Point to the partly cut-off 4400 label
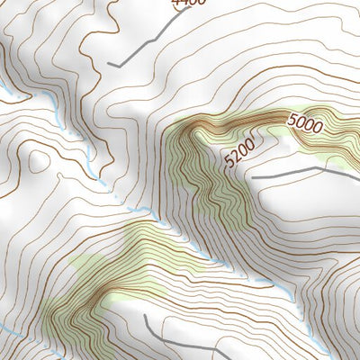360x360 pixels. [188, 3]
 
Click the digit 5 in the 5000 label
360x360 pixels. [292, 118]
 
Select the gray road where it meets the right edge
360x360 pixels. [358, 171]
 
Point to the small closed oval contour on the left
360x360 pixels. [37, 160]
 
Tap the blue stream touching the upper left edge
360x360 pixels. [4, 90]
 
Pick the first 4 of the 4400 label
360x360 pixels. [176, 3]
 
